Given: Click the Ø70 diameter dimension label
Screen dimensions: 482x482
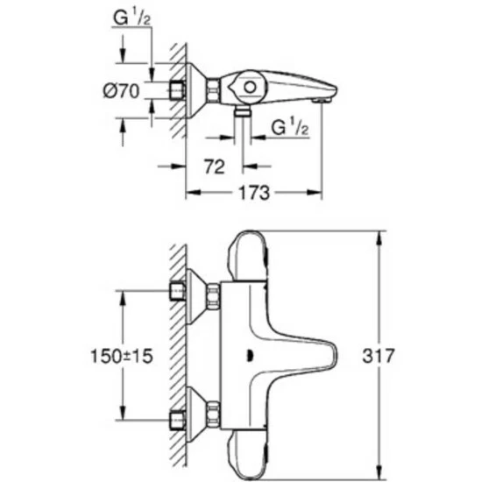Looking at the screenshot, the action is pyautogui.click(x=121, y=91).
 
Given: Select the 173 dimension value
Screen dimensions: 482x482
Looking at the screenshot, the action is pyautogui.click(x=254, y=193).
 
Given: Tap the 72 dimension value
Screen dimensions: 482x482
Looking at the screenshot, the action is pyautogui.click(x=214, y=167).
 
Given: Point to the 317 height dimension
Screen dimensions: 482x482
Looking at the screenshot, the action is pyautogui.click(x=378, y=356).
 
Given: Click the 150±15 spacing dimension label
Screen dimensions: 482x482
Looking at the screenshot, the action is pyautogui.click(x=122, y=356).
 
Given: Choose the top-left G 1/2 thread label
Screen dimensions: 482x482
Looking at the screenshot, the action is pyautogui.click(x=131, y=18).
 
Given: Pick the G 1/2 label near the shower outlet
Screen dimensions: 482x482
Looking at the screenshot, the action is pyautogui.click(x=289, y=127).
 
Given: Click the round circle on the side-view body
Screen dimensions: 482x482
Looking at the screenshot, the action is pyautogui.click(x=250, y=88).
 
